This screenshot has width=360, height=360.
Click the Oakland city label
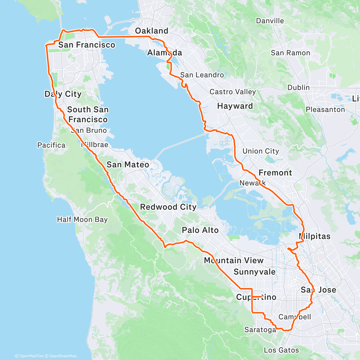151,31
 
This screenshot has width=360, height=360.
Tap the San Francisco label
87,45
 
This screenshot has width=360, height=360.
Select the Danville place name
270,21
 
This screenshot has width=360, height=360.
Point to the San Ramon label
290,53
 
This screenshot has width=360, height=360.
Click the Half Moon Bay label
82,220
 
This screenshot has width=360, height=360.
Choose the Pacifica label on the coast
51,145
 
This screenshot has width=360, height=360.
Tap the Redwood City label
168,207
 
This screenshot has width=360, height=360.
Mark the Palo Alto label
200,230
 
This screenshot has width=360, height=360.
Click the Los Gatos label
281,350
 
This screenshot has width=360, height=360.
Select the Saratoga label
260,330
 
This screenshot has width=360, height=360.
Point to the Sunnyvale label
254,272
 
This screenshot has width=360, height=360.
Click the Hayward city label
235,106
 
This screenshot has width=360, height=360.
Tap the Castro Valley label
232,92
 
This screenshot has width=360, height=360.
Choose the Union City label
260,151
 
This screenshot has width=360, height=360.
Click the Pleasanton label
325,109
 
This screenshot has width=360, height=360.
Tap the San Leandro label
202,75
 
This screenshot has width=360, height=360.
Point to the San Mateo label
128,165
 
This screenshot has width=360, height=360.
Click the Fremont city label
275,173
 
